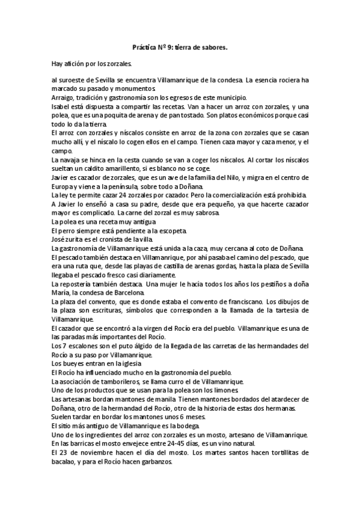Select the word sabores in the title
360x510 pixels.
pos(215,46)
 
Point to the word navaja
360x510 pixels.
pos(70,161)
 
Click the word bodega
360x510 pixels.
pos(177,425)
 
